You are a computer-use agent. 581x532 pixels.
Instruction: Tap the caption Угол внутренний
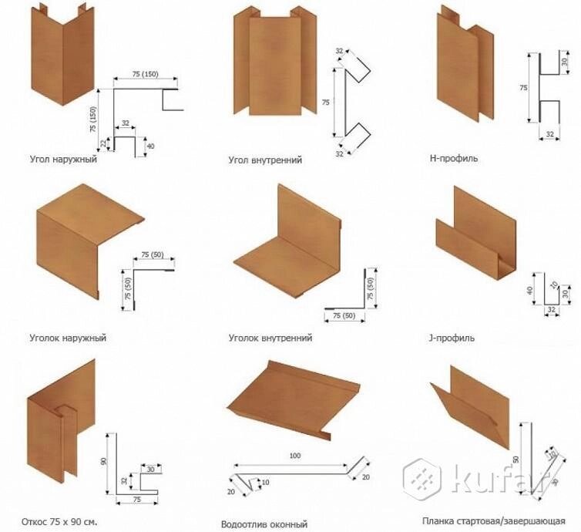click(x=264, y=160)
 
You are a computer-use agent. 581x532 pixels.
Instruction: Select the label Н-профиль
click(x=454, y=159)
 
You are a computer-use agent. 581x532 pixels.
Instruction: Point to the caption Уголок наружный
click(x=68, y=338)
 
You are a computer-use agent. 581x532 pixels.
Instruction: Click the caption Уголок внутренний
click(x=270, y=338)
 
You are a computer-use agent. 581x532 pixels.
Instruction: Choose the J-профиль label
click(x=451, y=338)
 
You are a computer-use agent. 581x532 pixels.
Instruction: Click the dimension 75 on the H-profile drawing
click(x=524, y=88)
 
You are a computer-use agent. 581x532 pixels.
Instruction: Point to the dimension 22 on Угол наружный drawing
click(x=102, y=142)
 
